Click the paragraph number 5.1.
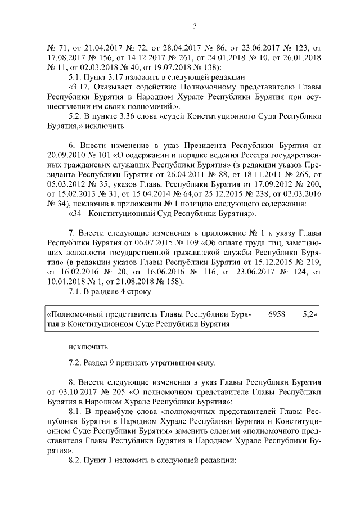75,78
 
